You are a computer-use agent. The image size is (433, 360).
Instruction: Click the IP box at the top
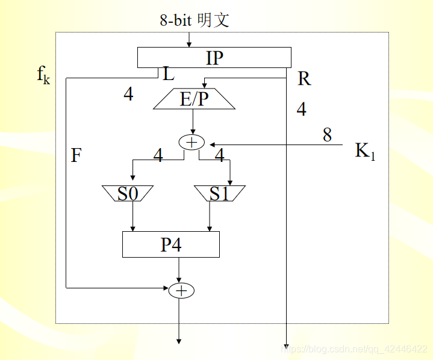[214, 58]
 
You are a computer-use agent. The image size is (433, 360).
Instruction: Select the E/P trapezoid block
[193, 99]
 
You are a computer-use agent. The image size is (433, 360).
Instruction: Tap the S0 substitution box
[128, 194]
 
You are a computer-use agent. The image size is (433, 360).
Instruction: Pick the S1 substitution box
[220, 194]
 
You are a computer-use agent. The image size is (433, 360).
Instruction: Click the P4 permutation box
[171, 244]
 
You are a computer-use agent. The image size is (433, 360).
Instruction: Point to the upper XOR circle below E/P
[192, 143]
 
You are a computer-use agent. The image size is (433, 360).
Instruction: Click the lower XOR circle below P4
[181, 291]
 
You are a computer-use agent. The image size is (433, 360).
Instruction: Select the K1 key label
[365, 151]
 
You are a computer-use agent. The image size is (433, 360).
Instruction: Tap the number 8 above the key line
[327, 135]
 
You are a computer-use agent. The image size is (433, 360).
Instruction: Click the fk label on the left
[43, 75]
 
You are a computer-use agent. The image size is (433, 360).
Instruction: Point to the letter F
[76, 156]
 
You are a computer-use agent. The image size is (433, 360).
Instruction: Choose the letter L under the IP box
[169, 74]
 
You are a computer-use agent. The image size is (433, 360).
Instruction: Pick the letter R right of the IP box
[304, 78]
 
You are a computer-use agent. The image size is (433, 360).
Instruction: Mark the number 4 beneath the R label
[301, 109]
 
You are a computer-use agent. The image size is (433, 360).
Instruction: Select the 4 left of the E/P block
[128, 94]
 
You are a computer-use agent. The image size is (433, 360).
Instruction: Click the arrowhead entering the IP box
[189, 44]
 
